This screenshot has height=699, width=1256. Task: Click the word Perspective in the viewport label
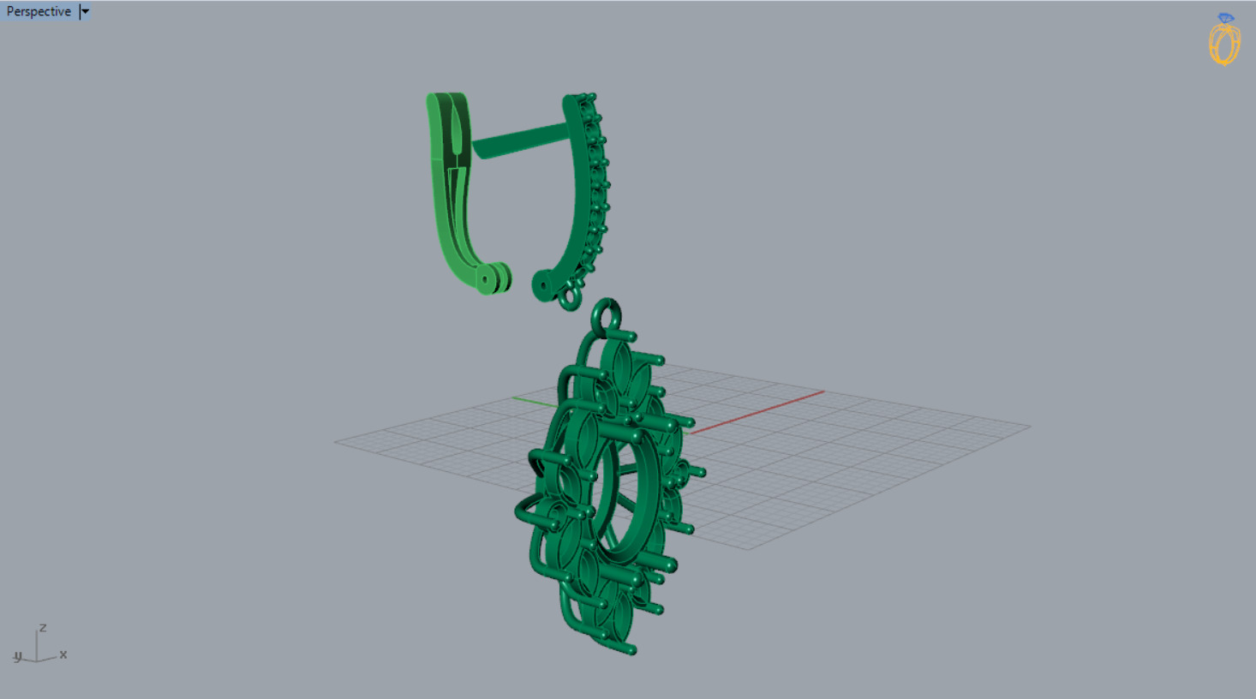click(x=39, y=12)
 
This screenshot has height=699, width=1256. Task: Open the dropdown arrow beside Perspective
click(x=85, y=12)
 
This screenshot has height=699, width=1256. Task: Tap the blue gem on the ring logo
click(x=1226, y=18)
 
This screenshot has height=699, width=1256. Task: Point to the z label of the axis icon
click(x=43, y=628)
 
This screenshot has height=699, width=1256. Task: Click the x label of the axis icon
click(x=63, y=654)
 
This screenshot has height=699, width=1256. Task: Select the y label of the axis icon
click(x=17, y=656)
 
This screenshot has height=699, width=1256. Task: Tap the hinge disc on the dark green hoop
click(x=542, y=285)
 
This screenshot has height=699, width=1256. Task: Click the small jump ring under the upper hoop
click(x=571, y=299)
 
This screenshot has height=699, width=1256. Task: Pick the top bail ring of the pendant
click(x=607, y=314)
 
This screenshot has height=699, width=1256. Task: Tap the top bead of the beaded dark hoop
click(x=590, y=98)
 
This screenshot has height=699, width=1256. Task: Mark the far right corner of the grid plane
click(x=1029, y=426)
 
